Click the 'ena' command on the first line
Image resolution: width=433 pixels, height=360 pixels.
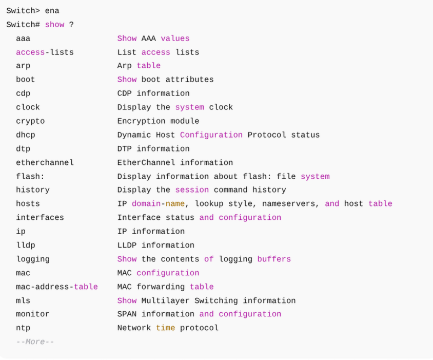point(52,10)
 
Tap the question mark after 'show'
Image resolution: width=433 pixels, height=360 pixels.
point(71,24)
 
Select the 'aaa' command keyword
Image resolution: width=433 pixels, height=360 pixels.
point(23,38)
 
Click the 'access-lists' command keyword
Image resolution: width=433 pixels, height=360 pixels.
point(45,52)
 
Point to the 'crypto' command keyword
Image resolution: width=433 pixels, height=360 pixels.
point(30,121)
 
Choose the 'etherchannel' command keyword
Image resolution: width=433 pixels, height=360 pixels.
point(45,162)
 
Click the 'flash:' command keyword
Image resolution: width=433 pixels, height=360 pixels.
point(30,176)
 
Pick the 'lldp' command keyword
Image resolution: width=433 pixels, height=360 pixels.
point(26,245)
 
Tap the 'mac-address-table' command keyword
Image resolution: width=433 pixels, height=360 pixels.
point(57,287)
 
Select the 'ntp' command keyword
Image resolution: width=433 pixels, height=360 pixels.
point(23,328)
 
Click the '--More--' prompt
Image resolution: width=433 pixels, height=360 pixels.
point(35,342)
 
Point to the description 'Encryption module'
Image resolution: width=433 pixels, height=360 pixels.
point(158,121)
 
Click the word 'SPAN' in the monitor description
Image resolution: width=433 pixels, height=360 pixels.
point(127,314)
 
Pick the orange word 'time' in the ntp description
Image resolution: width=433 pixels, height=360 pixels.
point(165,328)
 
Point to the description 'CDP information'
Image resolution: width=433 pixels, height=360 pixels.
point(153,93)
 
